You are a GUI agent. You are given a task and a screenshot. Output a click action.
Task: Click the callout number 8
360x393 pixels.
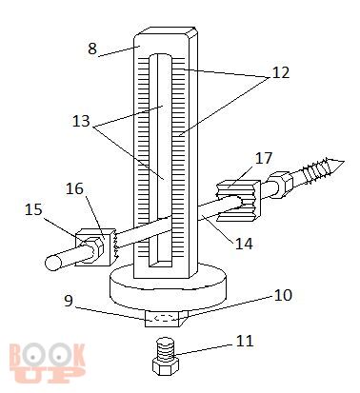click(92, 49)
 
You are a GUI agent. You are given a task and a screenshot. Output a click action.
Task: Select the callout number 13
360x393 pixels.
click(81, 121)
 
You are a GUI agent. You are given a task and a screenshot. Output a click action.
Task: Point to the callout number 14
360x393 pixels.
click(244, 244)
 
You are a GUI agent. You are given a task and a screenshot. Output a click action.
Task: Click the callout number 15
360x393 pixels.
click(33, 209)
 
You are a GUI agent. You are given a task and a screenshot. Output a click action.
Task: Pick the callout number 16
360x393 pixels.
click(74, 188)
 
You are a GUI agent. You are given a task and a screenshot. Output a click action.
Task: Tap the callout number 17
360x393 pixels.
click(264, 158)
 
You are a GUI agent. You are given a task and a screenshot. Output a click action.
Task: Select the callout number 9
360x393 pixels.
click(69, 300)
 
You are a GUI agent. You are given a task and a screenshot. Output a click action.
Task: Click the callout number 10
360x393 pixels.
click(282, 295)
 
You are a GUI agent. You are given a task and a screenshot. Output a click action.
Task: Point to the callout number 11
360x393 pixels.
click(245, 342)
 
